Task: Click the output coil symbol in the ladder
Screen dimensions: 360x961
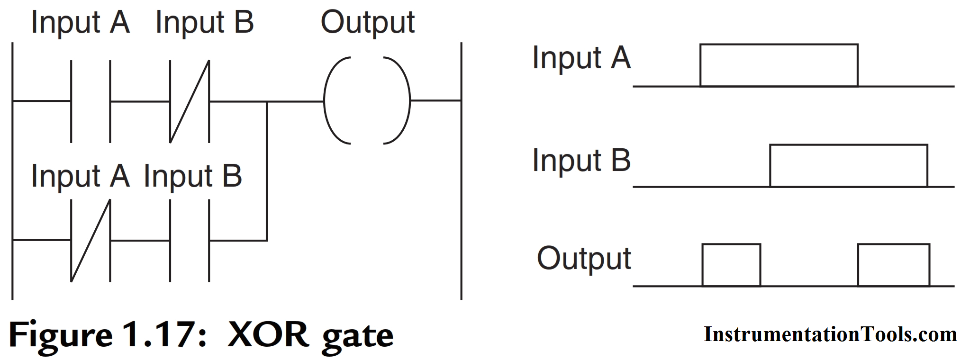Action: (367, 100)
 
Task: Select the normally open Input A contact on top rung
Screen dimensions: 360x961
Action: (91, 101)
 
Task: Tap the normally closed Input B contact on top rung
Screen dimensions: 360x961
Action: (190, 101)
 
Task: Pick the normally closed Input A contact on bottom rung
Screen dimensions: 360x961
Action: (91, 240)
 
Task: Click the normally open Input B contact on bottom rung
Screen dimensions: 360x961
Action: (190, 240)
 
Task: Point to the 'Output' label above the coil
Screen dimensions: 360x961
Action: (367, 23)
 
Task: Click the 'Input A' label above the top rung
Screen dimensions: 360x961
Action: (80, 23)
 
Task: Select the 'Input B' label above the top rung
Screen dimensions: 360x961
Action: (204, 23)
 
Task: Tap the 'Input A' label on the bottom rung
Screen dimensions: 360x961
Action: (80, 176)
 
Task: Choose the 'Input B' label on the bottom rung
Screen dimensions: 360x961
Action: (192, 176)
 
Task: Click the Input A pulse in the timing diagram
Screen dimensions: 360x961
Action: (779, 65)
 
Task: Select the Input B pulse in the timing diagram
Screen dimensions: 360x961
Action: (848, 166)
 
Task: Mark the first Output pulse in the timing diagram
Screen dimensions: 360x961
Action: (731, 265)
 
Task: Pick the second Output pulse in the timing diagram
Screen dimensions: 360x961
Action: (894, 265)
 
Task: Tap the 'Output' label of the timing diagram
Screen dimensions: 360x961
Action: (583, 259)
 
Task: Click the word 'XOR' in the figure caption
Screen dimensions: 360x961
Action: (268, 334)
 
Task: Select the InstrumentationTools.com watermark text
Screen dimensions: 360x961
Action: (830, 334)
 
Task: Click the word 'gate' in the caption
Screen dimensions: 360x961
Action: (357, 336)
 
